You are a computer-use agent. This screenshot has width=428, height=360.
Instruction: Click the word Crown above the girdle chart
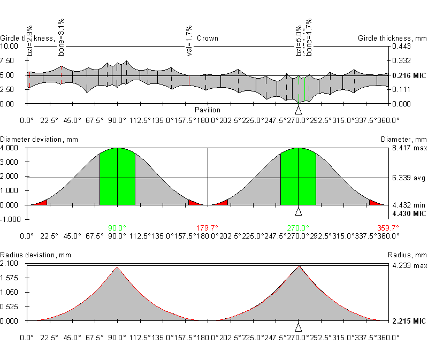(207, 39)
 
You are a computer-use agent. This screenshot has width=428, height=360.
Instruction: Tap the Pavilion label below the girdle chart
(207, 110)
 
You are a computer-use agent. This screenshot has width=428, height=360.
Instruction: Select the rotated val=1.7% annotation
(189, 41)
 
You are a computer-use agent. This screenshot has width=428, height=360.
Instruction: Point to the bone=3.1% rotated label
(61, 36)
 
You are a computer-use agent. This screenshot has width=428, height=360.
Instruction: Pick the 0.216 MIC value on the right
(409, 76)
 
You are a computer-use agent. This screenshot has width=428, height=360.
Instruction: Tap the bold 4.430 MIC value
(409, 214)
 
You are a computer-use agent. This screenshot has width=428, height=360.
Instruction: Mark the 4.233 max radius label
(409, 265)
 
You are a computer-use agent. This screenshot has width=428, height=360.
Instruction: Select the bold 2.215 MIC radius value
(409, 321)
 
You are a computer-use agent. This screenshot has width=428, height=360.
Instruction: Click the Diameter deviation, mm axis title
(40, 140)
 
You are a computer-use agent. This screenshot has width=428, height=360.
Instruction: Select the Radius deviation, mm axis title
(36, 255)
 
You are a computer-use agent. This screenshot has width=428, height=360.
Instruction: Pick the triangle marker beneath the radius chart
(299, 327)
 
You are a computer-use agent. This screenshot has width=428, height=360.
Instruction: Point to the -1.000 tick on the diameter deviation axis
(12, 219)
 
